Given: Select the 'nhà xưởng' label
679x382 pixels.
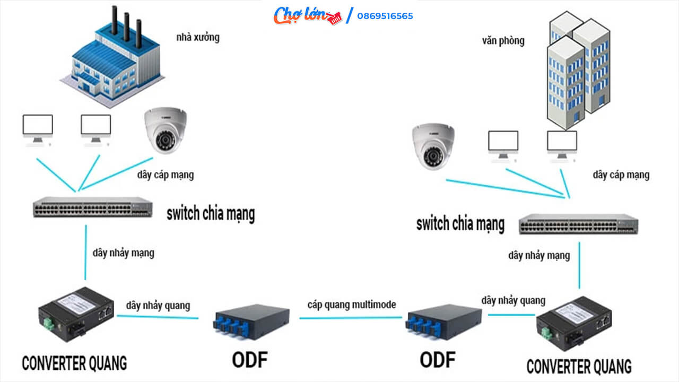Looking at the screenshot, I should pyautogui.click(x=197, y=38).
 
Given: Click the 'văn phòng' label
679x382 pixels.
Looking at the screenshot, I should pyautogui.click(x=503, y=41).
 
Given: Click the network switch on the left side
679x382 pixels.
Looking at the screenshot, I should pyautogui.click(x=92, y=207).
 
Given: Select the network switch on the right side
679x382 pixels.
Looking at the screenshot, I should pyautogui.click(x=578, y=224).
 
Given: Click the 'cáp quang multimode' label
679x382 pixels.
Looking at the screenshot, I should pyautogui.click(x=351, y=305).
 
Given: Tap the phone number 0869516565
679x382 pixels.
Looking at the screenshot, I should pyautogui.click(x=385, y=16).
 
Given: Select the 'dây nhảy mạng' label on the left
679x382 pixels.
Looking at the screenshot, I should pyautogui.click(x=123, y=253).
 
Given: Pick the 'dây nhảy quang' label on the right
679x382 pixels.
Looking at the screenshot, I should pyautogui.click(x=513, y=300).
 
